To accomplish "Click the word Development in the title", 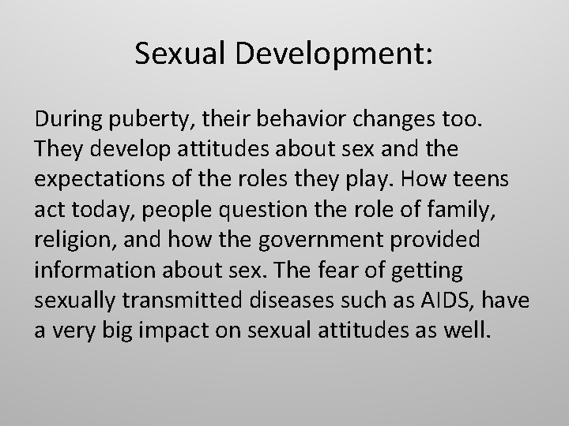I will [x=323, y=54].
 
